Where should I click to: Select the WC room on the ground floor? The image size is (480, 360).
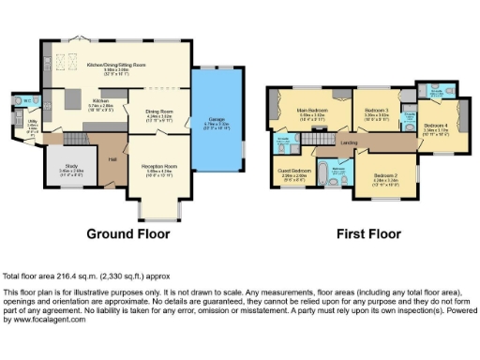(x=29, y=100)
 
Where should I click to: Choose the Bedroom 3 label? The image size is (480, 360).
(x=377, y=111)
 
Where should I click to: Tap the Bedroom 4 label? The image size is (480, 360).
(x=436, y=126)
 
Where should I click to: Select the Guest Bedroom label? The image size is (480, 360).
(x=293, y=172)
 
